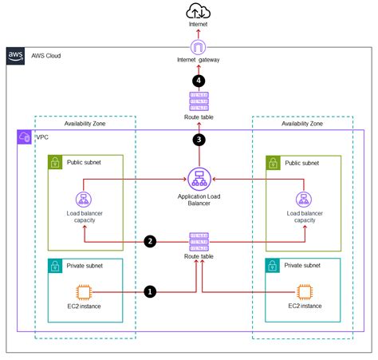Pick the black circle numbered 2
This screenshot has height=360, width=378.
pyautogui.click(x=149, y=240)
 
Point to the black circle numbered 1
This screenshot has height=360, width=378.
pyautogui.click(x=149, y=292)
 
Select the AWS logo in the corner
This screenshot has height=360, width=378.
pyautogui.click(x=16, y=56)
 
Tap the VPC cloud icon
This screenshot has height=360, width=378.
pyautogui.click(x=23, y=137)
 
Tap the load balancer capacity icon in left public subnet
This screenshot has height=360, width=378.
pyautogui.click(x=81, y=200)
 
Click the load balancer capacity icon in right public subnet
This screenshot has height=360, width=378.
pyautogui.click(x=303, y=200)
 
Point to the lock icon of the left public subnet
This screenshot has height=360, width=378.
pyautogui.click(x=55, y=163)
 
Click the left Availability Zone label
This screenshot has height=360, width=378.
pyautogui.click(x=82, y=124)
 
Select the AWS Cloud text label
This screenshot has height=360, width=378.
pyautogui.click(x=46, y=56)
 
